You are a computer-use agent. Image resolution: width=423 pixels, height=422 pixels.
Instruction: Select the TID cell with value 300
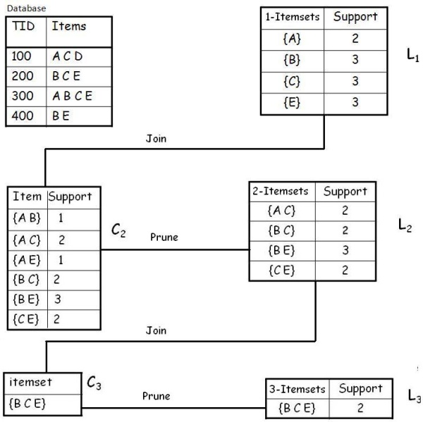pos(23,95)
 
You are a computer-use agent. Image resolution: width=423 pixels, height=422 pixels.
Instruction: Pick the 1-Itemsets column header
pos(293,17)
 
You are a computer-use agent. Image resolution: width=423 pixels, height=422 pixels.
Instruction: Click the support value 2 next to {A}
pos(355,39)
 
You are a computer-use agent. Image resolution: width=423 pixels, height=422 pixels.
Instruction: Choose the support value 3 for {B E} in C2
pos(59,299)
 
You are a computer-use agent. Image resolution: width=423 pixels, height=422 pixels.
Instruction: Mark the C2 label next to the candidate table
pos(118,230)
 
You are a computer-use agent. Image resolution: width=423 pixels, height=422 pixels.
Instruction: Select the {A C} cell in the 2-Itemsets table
pos(281,211)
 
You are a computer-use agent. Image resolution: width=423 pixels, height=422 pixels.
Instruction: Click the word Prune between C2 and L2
pos(164,237)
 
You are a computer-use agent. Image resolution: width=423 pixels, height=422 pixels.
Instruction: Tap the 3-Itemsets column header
pos(298,389)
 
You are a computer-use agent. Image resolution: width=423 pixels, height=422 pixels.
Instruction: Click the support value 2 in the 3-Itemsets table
pos(360,407)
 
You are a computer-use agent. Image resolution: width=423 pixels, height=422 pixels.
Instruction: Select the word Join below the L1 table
pos(156,139)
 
